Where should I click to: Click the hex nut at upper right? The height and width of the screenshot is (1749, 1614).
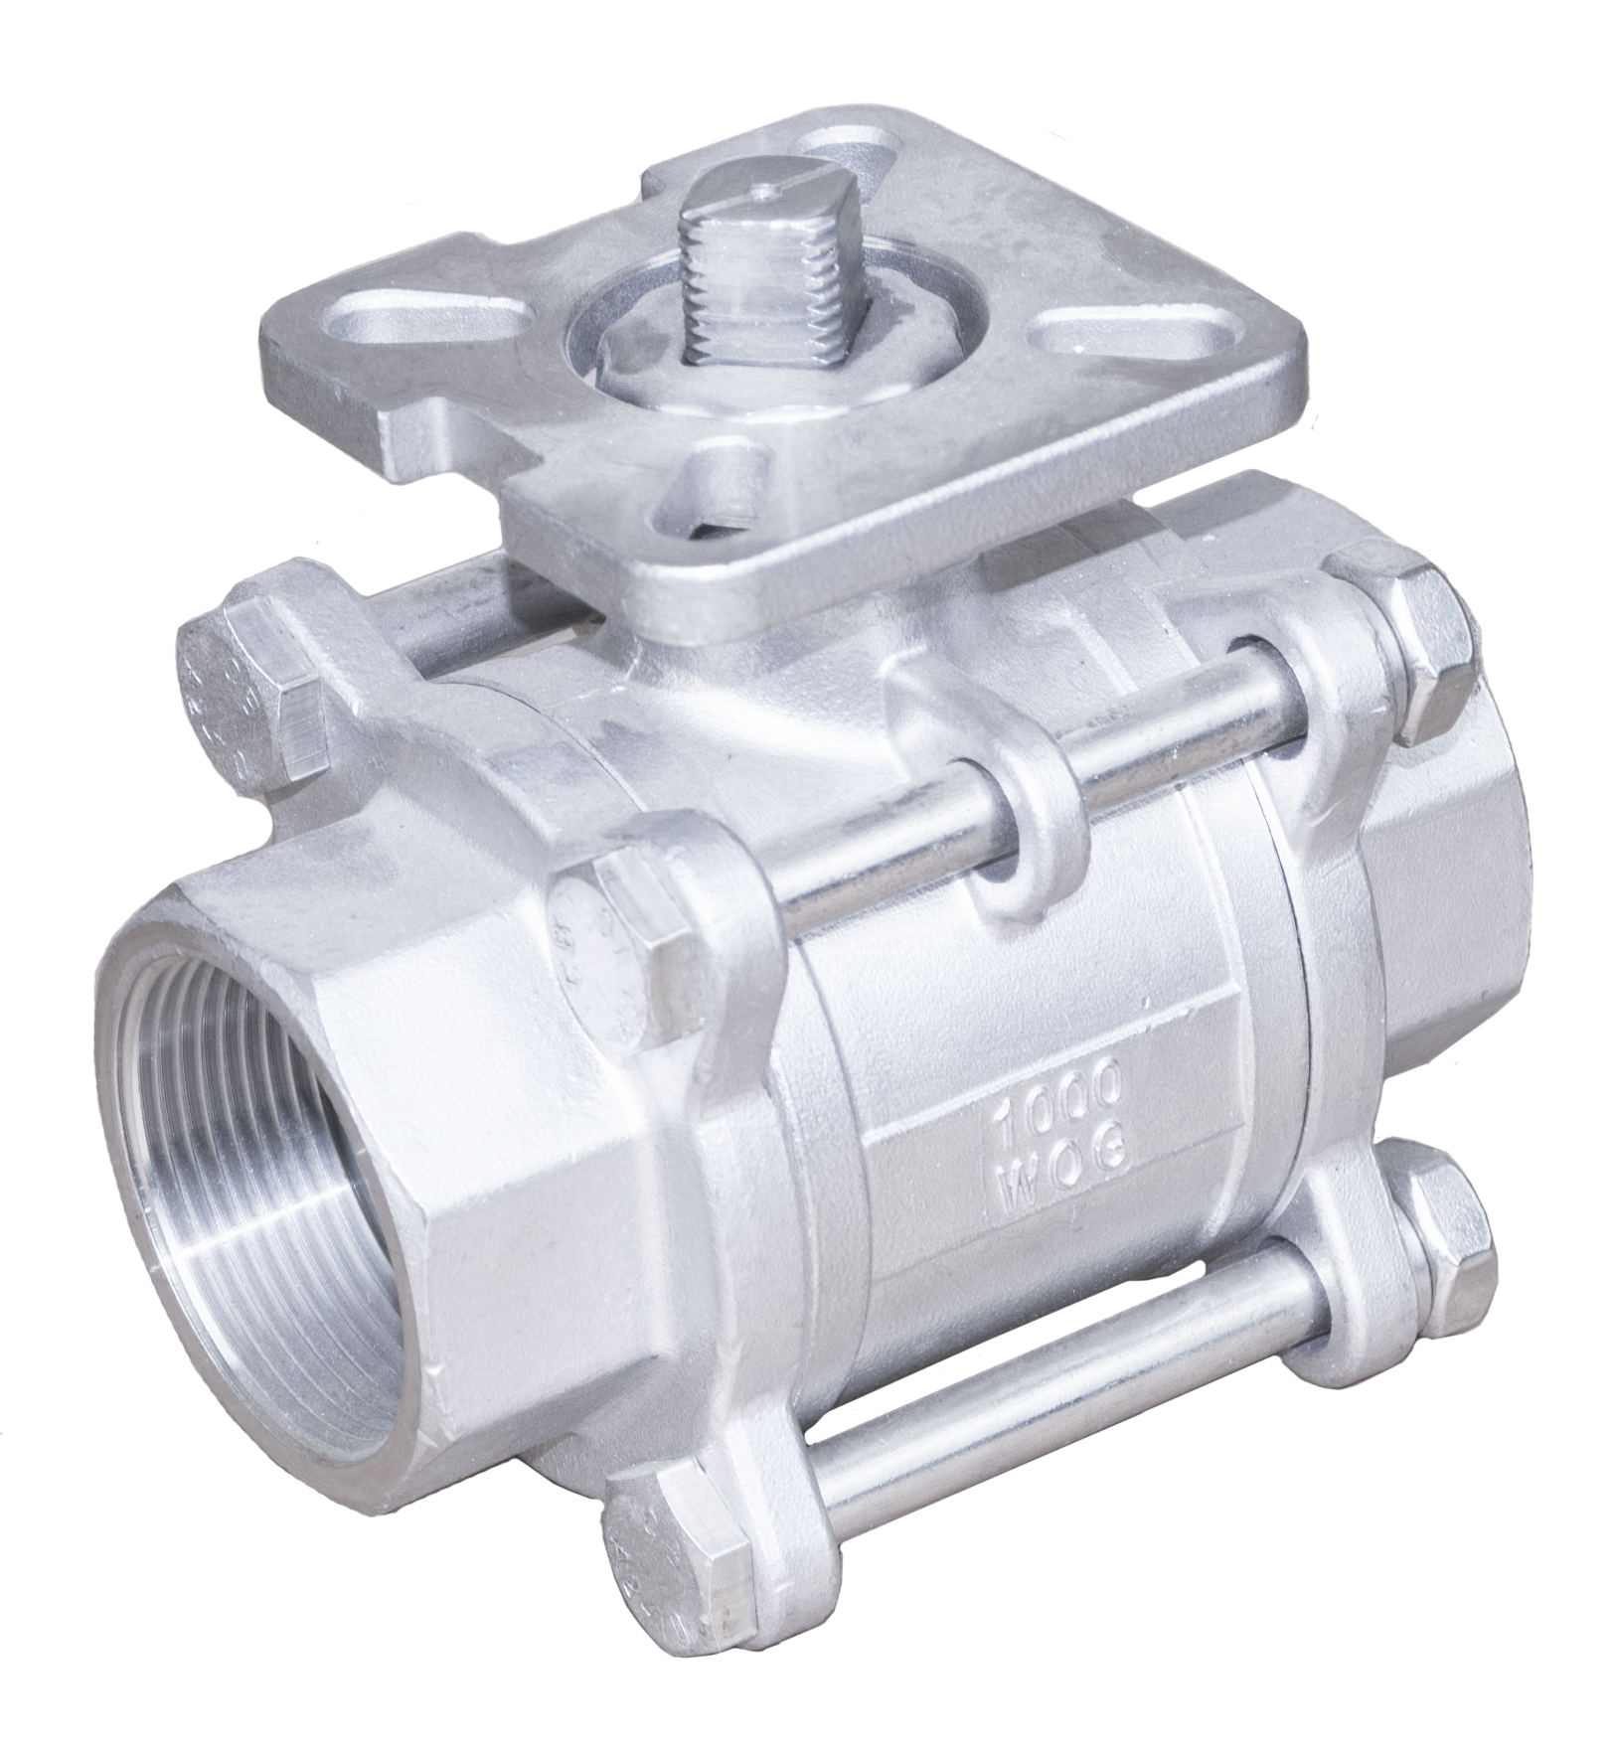pos(1409,656)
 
